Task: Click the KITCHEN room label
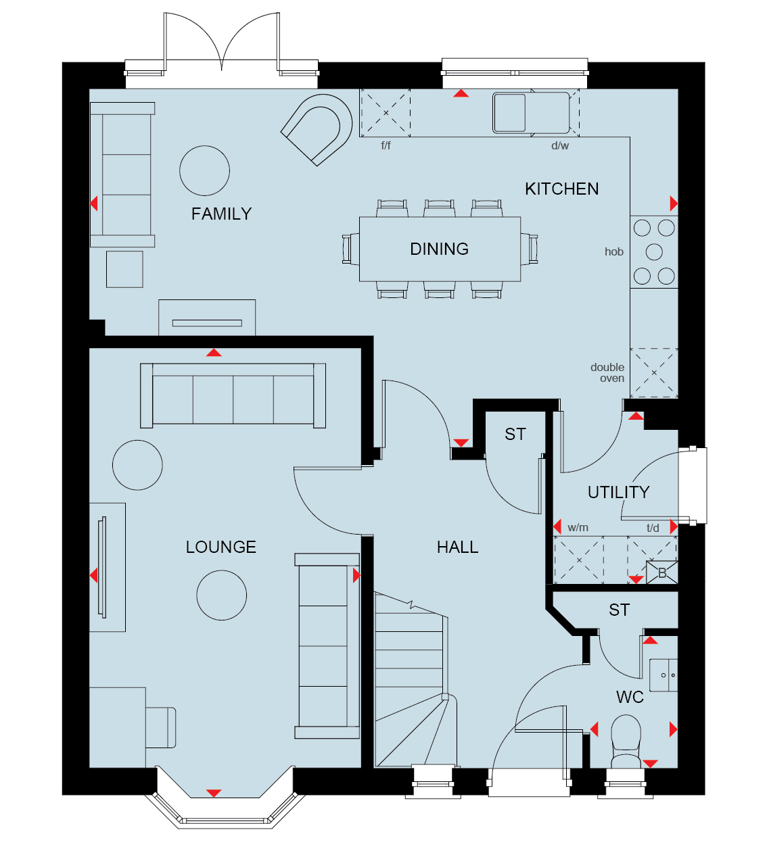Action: pyautogui.click(x=561, y=189)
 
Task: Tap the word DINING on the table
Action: pyautogui.click(x=440, y=249)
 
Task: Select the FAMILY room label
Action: pyautogui.click(x=221, y=214)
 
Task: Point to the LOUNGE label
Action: pyautogui.click(x=221, y=547)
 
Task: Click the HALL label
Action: pyautogui.click(x=458, y=547)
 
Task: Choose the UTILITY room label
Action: pyautogui.click(x=618, y=493)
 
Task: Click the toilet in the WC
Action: pyautogui.click(x=626, y=741)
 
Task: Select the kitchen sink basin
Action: pyautogui.click(x=509, y=112)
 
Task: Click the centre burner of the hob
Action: pyautogui.click(x=654, y=252)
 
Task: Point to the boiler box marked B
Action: pyautogui.click(x=662, y=572)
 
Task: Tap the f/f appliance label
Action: pyautogui.click(x=386, y=146)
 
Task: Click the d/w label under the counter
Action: pyautogui.click(x=559, y=146)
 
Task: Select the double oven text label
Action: pyautogui.click(x=607, y=372)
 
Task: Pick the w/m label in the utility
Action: pyautogui.click(x=578, y=528)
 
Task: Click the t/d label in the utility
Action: pyautogui.click(x=653, y=528)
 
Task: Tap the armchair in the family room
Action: pyautogui.click(x=317, y=130)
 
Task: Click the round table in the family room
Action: pyautogui.click(x=204, y=171)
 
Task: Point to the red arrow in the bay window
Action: pyautogui.click(x=214, y=793)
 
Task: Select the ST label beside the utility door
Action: pyautogui.click(x=515, y=435)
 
